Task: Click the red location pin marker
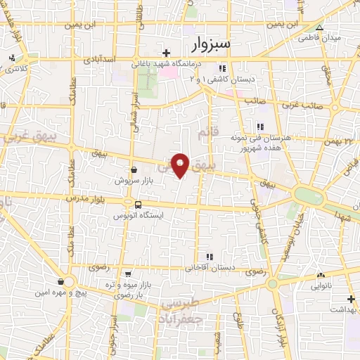click(x=181, y=165)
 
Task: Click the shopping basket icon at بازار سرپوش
click(x=134, y=169)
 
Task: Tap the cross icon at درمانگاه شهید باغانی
click(x=167, y=53)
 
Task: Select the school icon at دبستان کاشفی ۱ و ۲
click(x=223, y=68)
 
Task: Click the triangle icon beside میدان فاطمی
click(x=320, y=28)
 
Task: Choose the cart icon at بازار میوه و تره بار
click(x=127, y=274)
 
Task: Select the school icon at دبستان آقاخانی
click(x=209, y=257)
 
